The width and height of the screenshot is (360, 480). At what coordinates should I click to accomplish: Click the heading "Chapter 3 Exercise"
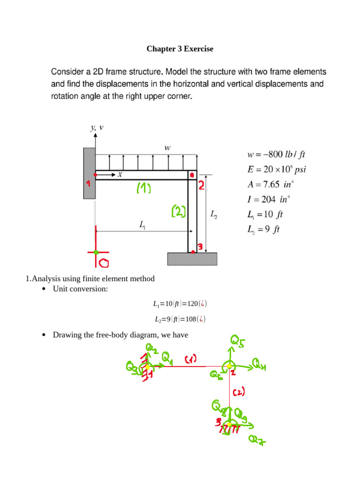click(180, 49)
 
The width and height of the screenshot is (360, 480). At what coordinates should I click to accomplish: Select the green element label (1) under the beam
click(143, 188)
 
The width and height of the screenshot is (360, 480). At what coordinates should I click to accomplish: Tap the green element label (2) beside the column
click(179, 212)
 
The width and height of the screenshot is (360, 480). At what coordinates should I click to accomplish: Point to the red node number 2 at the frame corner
click(202, 186)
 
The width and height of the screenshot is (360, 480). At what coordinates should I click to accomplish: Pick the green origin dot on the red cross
click(96, 252)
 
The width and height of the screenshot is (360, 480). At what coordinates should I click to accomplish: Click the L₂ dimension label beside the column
click(214, 215)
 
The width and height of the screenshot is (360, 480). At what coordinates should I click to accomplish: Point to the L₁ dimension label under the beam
click(142, 225)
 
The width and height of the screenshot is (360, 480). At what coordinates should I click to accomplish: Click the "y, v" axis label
click(97, 127)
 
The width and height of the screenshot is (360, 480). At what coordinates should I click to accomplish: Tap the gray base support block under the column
click(192, 259)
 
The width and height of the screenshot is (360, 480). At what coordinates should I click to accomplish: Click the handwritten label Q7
click(256, 440)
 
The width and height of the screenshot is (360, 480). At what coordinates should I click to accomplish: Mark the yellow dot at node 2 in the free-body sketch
click(229, 367)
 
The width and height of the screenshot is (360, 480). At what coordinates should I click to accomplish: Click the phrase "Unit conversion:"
click(80, 289)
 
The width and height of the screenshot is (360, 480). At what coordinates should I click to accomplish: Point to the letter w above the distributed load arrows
click(167, 148)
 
